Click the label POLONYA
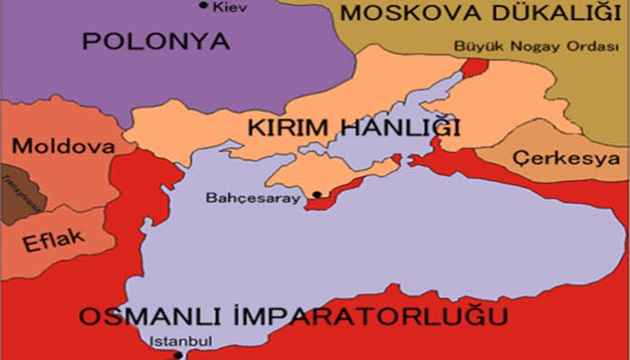156,41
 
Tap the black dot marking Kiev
203,6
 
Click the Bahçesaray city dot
317,194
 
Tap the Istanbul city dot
177,355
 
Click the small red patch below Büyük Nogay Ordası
473,67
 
